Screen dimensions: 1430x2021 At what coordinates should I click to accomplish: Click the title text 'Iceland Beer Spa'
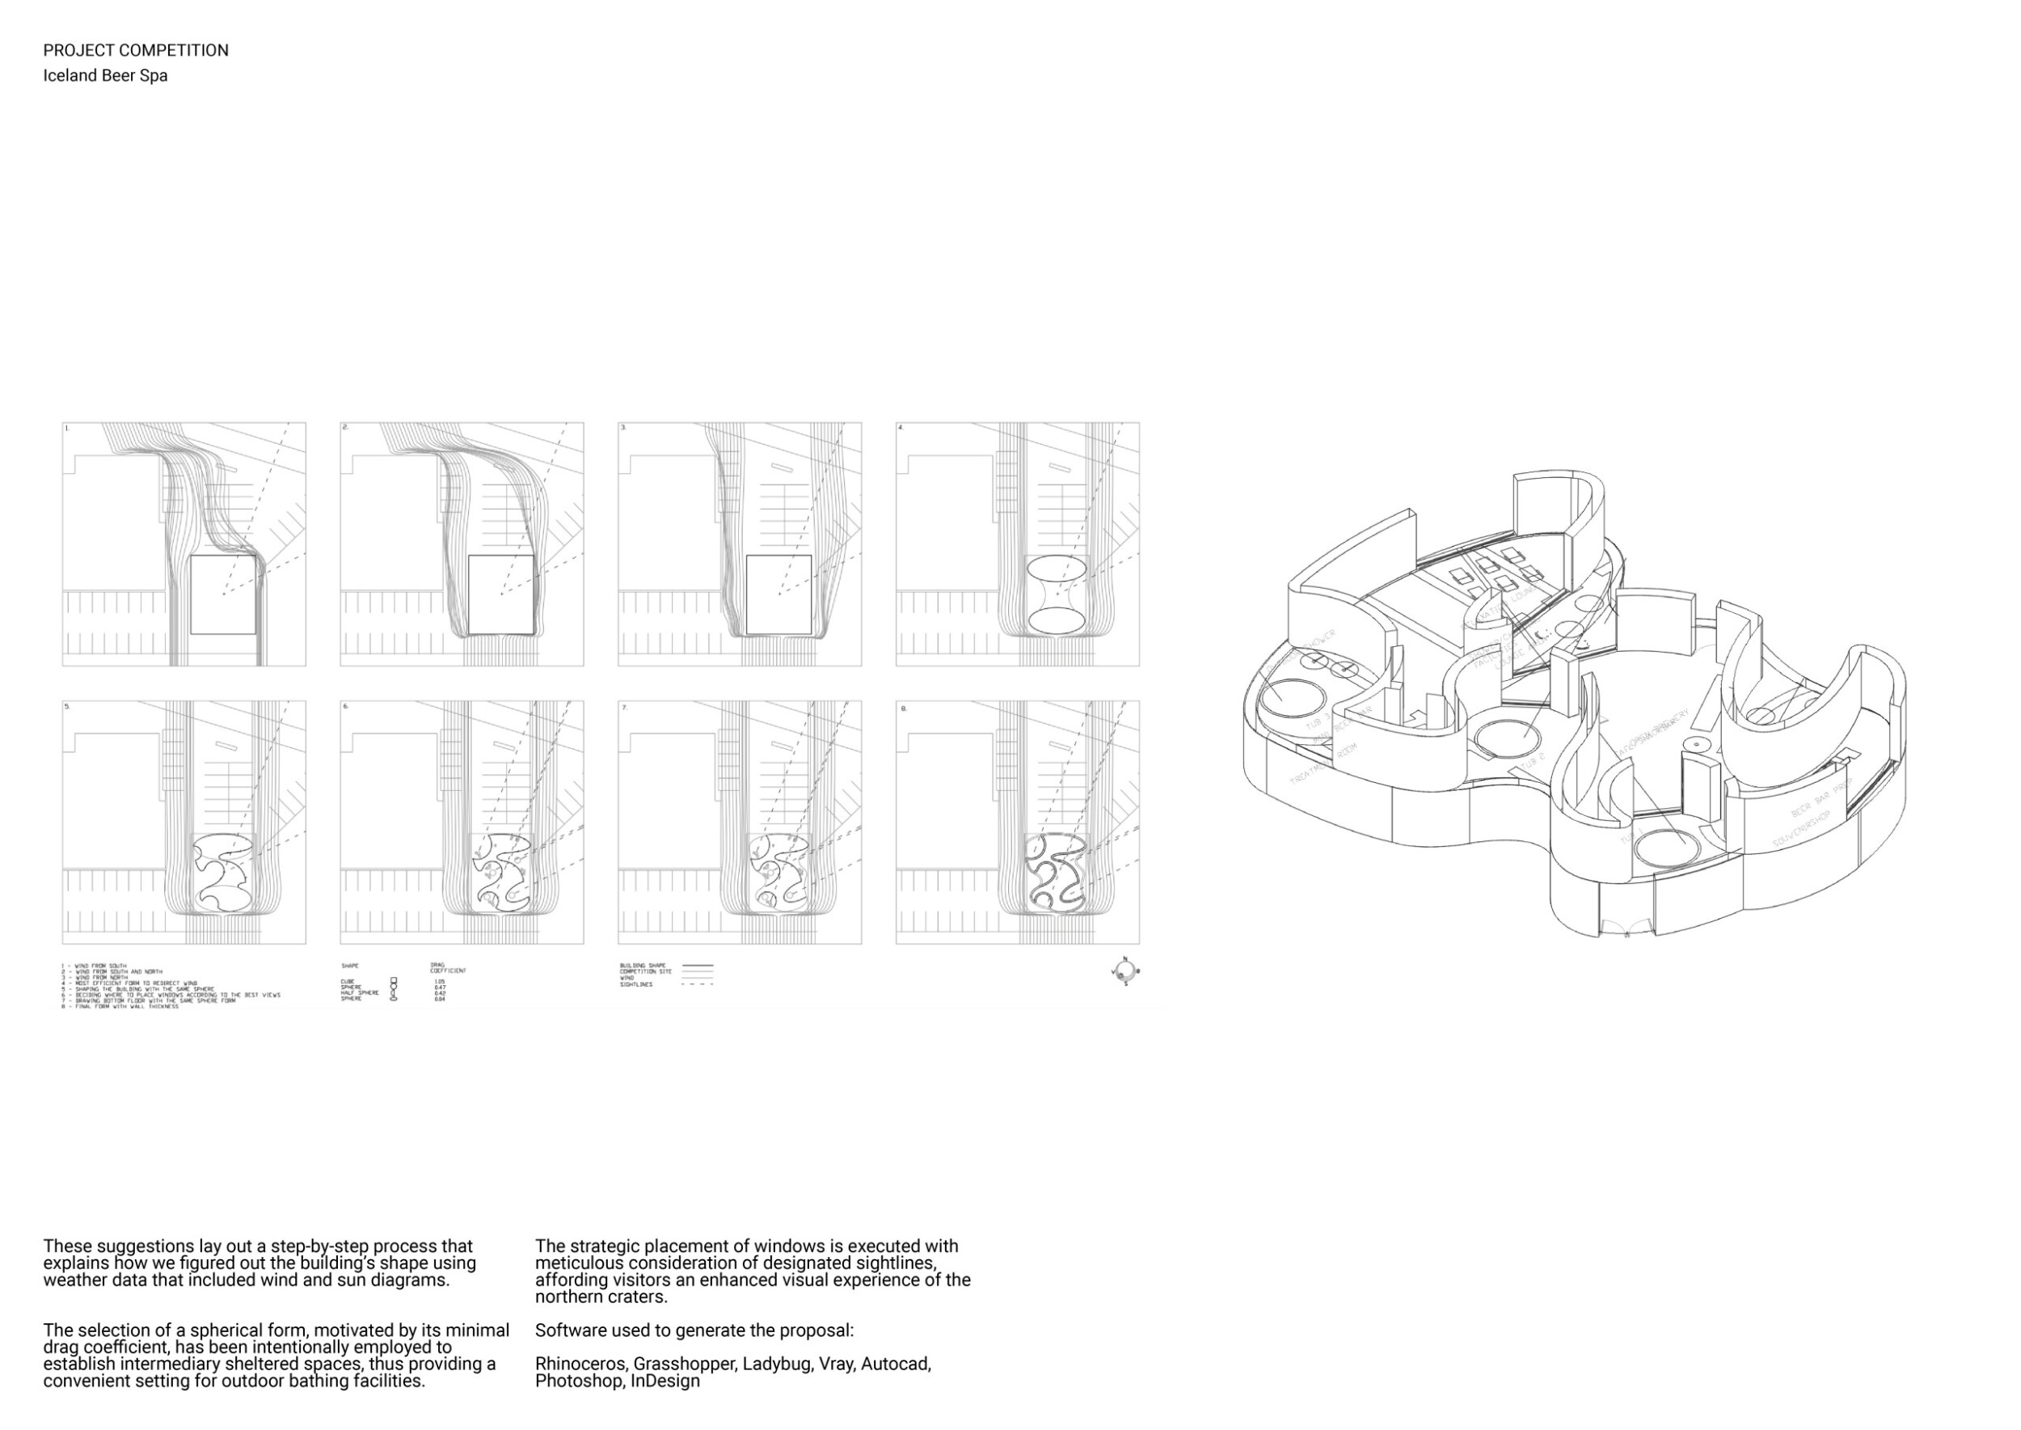point(105,76)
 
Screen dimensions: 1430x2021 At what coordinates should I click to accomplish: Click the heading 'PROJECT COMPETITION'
point(136,50)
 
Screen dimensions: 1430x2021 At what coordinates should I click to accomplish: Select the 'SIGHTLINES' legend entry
point(636,984)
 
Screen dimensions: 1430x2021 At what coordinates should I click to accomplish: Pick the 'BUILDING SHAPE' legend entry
point(643,966)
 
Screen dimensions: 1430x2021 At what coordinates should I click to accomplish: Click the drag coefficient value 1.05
point(439,981)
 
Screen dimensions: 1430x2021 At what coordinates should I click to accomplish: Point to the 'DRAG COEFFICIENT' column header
point(446,967)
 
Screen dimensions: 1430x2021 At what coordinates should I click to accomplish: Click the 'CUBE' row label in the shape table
point(347,981)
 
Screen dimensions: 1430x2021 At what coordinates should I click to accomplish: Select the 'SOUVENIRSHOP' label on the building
point(1801,827)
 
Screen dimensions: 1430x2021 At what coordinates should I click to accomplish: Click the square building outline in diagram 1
point(224,594)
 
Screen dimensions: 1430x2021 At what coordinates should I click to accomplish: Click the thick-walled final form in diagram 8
point(1057,872)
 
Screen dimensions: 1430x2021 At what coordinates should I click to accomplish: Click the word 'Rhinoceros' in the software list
point(581,1364)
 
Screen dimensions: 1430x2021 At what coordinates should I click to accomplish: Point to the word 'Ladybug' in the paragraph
point(776,1364)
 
